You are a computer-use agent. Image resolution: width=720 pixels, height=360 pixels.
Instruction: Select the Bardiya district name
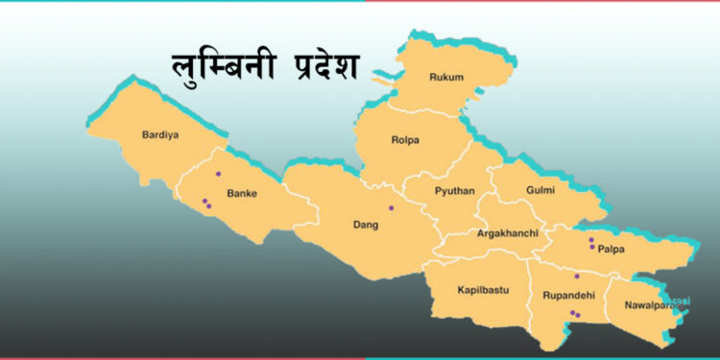pos(160,134)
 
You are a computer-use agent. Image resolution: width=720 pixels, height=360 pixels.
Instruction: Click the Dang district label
pos(366,226)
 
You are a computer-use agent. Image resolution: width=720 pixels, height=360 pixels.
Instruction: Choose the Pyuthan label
pos(454,191)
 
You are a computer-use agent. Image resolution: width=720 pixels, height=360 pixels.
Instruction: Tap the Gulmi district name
pos(540,190)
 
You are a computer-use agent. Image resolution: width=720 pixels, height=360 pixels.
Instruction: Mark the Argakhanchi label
pos(507,233)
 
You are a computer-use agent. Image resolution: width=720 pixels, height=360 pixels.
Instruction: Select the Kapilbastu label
pos(483,289)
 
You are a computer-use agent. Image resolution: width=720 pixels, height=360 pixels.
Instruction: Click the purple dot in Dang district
pos(391,208)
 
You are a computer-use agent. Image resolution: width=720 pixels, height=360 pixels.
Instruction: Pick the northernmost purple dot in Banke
pos(219,174)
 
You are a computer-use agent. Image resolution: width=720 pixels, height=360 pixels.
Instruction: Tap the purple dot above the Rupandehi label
pos(577,276)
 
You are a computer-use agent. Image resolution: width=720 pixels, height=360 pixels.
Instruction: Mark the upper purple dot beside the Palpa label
pos(591,240)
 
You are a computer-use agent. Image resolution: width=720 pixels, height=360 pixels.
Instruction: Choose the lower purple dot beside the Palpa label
pos(592,247)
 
